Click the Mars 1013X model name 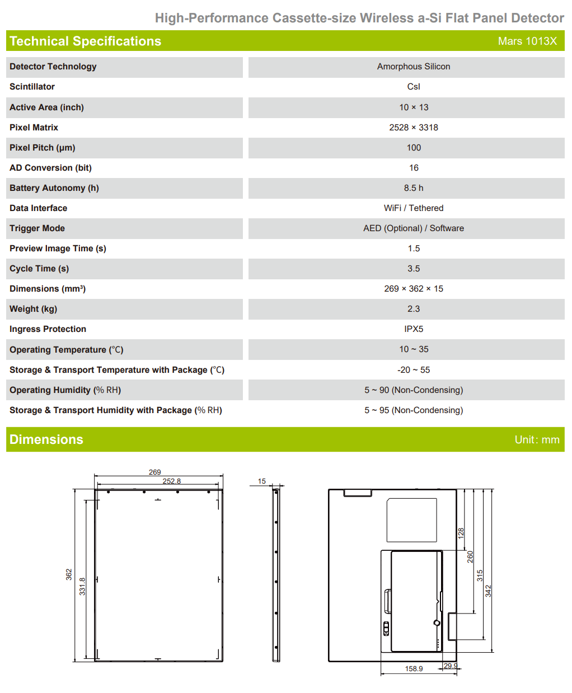pyautogui.click(x=527, y=41)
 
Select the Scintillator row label pyautogui.click(x=32, y=87)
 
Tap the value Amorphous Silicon pyautogui.click(x=413, y=67)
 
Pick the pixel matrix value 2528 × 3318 pyautogui.click(x=413, y=128)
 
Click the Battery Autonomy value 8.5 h pyautogui.click(x=413, y=188)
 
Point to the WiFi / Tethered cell pyautogui.click(x=413, y=208)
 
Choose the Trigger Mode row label pyautogui.click(x=37, y=228)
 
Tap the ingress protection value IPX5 pyautogui.click(x=413, y=329)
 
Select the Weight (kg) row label pyautogui.click(x=33, y=309)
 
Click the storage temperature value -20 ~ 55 pyautogui.click(x=413, y=370)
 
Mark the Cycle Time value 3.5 pyautogui.click(x=413, y=269)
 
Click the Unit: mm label pyautogui.click(x=537, y=440)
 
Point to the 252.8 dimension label pyautogui.click(x=171, y=481)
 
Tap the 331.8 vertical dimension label pyautogui.click(x=82, y=586)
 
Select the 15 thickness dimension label pyautogui.click(x=261, y=481)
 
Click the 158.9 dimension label pyautogui.click(x=414, y=668)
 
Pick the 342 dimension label pyautogui.click(x=488, y=591)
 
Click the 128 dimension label pyautogui.click(x=461, y=532)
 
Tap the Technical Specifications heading pyautogui.click(x=85, y=41)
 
